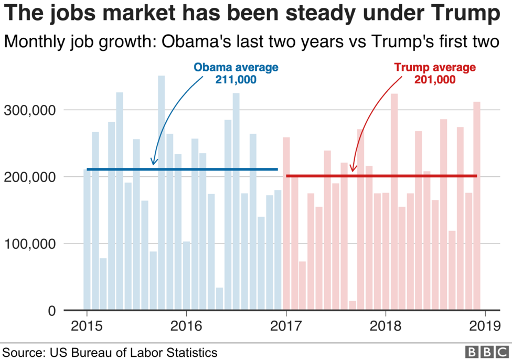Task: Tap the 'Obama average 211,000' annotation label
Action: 236,73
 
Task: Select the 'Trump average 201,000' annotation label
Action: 434,73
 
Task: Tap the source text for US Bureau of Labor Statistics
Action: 110,352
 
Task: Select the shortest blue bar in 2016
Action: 219,299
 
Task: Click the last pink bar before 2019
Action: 477,210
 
